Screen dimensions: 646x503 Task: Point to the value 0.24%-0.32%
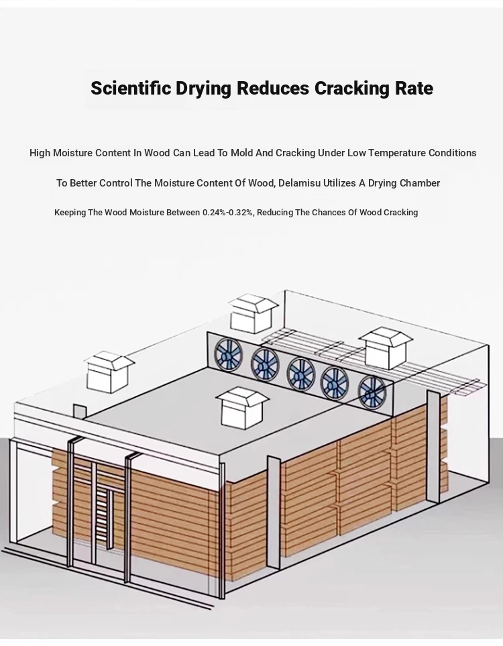[x=228, y=213]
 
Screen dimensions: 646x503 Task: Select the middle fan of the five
[x=300, y=373]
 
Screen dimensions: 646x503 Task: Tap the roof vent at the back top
[x=254, y=313]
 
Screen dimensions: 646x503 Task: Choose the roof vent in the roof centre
[x=241, y=407]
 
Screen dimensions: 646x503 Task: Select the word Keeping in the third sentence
[x=70, y=213]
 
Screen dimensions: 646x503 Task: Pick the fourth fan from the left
[x=334, y=382]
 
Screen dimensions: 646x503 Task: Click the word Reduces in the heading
[x=274, y=89]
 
